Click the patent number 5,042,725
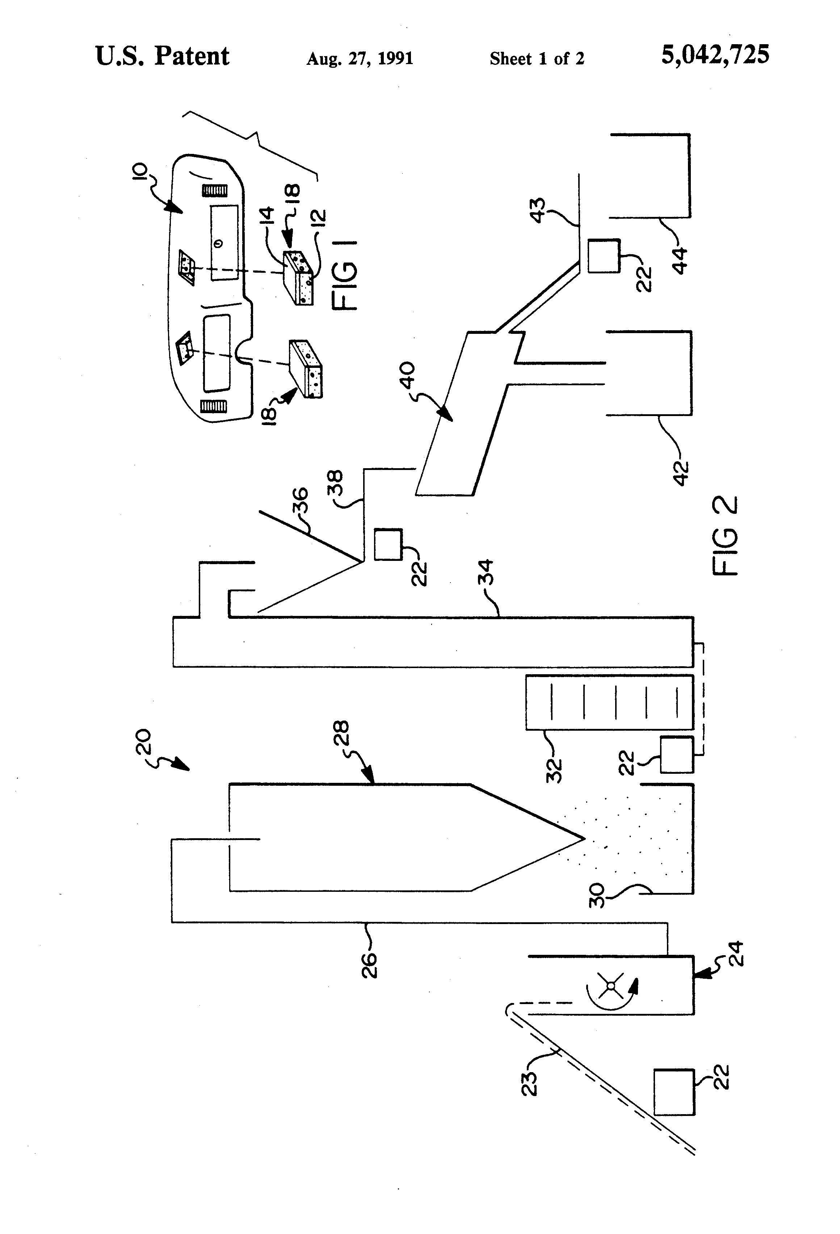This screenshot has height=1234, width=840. (715, 55)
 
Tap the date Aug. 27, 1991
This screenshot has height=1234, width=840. (360, 58)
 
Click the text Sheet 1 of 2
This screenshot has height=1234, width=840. (537, 58)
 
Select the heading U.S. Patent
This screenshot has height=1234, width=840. (162, 56)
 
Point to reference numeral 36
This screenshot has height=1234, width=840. (300, 500)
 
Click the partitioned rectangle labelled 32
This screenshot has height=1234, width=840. (609, 702)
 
